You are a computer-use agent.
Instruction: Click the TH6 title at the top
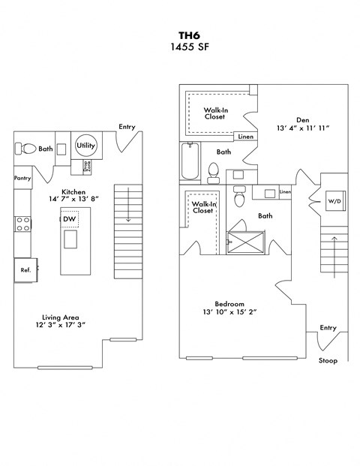pyautogui.click(x=180, y=35)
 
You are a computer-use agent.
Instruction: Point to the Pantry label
pyautogui.click(x=22, y=178)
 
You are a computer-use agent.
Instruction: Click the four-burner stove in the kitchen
pyautogui.click(x=22, y=223)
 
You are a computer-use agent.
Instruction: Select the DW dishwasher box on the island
pyautogui.click(x=69, y=219)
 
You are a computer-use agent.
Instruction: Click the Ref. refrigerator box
pyautogui.click(x=25, y=269)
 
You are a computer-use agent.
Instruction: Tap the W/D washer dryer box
pyautogui.click(x=333, y=201)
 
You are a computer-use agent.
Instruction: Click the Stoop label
pyautogui.click(x=328, y=360)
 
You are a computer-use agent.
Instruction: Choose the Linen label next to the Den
pyautogui.click(x=245, y=137)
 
